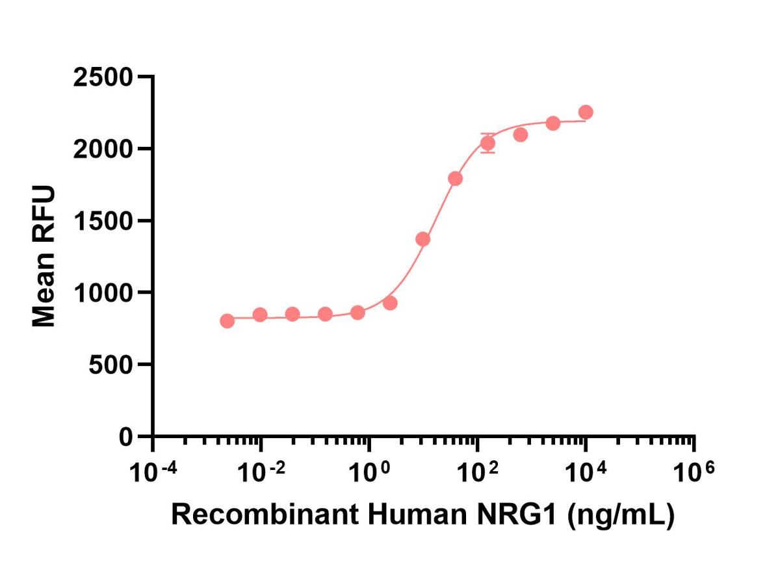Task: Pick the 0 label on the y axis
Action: click(126, 436)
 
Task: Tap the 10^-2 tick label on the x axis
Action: click(261, 471)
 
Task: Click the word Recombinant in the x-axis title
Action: click(263, 515)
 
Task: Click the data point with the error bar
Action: click(488, 143)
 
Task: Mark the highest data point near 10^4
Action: click(586, 112)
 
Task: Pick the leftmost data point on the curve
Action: click(227, 321)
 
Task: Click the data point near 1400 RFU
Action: click(422, 239)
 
